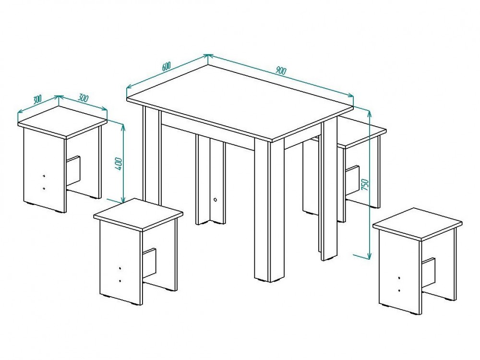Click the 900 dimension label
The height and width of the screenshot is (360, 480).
click(x=280, y=71)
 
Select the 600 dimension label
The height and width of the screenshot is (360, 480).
click(x=166, y=66)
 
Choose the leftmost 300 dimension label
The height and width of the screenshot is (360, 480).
click(x=37, y=99)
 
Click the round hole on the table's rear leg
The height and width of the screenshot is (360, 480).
click(x=216, y=200)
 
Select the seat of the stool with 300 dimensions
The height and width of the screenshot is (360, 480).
click(x=62, y=121)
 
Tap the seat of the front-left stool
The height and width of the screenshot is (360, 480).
click(x=138, y=214)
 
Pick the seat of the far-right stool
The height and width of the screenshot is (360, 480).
click(x=418, y=223)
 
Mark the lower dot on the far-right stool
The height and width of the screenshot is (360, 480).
click(x=399, y=290)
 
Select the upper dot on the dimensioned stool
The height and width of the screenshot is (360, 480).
click(x=44, y=176)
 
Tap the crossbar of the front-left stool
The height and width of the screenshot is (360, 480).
click(x=150, y=263)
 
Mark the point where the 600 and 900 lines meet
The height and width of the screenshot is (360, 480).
click(x=208, y=55)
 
